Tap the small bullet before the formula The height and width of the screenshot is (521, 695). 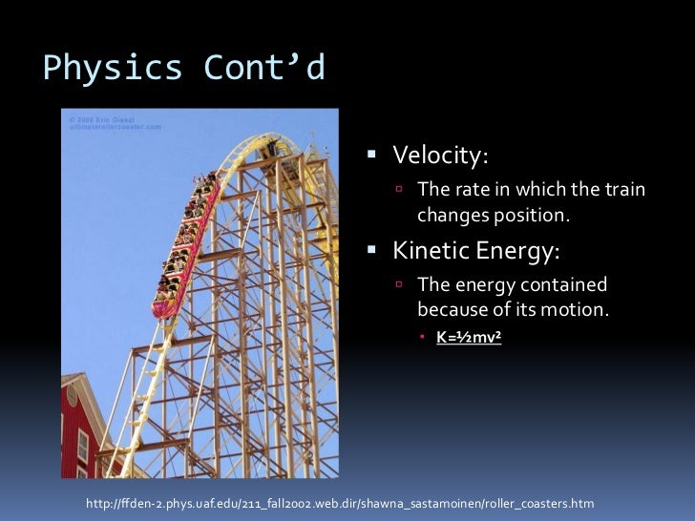pyautogui.click(x=425, y=337)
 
